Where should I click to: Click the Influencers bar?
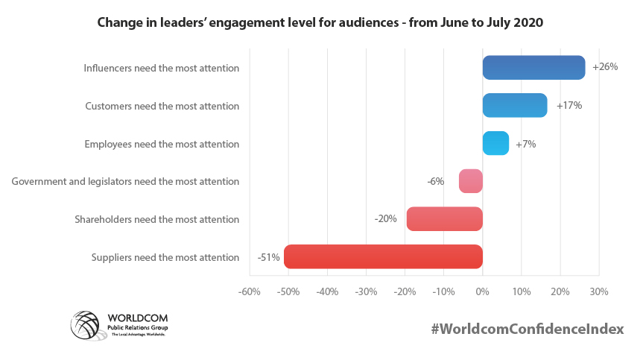pyautogui.click(x=533, y=68)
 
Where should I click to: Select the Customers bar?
pyautogui.click(x=515, y=105)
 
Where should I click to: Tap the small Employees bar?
pyautogui.click(x=495, y=143)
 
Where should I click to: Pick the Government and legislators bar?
pyautogui.click(x=471, y=181)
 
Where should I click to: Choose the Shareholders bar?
pyautogui.click(x=445, y=219)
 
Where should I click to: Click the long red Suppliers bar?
pyautogui.click(x=384, y=256)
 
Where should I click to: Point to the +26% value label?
pyautogui.click(x=605, y=67)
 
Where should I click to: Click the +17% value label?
pyautogui.click(x=569, y=105)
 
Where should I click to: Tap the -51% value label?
pyautogui.click(x=268, y=257)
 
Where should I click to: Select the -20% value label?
pyautogui.click(x=385, y=219)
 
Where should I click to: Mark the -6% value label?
pyautogui.click(x=436, y=181)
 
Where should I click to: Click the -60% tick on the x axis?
pyautogui.click(x=249, y=291)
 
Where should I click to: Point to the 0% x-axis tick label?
pyautogui.click(x=482, y=291)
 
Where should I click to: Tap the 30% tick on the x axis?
pyautogui.click(x=599, y=291)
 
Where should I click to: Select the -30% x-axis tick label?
pyautogui.click(x=366, y=291)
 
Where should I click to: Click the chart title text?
pyautogui.click(x=320, y=23)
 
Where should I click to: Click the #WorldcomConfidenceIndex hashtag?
pyautogui.click(x=527, y=329)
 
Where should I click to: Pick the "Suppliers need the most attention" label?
pyautogui.click(x=165, y=257)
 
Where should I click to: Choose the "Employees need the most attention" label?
pyautogui.click(x=162, y=143)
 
